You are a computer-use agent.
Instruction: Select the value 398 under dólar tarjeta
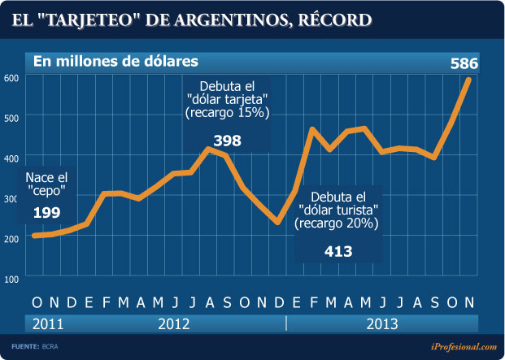click(227, 141)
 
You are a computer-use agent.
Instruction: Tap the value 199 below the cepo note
click(47, 212)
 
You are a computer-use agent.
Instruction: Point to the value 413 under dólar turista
click(337, 251)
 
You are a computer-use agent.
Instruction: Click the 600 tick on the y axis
click(11, 78)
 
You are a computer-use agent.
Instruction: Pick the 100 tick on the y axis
click(11, 278)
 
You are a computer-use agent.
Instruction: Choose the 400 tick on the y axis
click(11, 158)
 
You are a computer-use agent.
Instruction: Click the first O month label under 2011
click(37, 302)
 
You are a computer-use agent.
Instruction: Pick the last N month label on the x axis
click(468, 302)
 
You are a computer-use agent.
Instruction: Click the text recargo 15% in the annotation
click(227, 113)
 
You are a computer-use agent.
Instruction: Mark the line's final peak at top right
click(469, 79)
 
